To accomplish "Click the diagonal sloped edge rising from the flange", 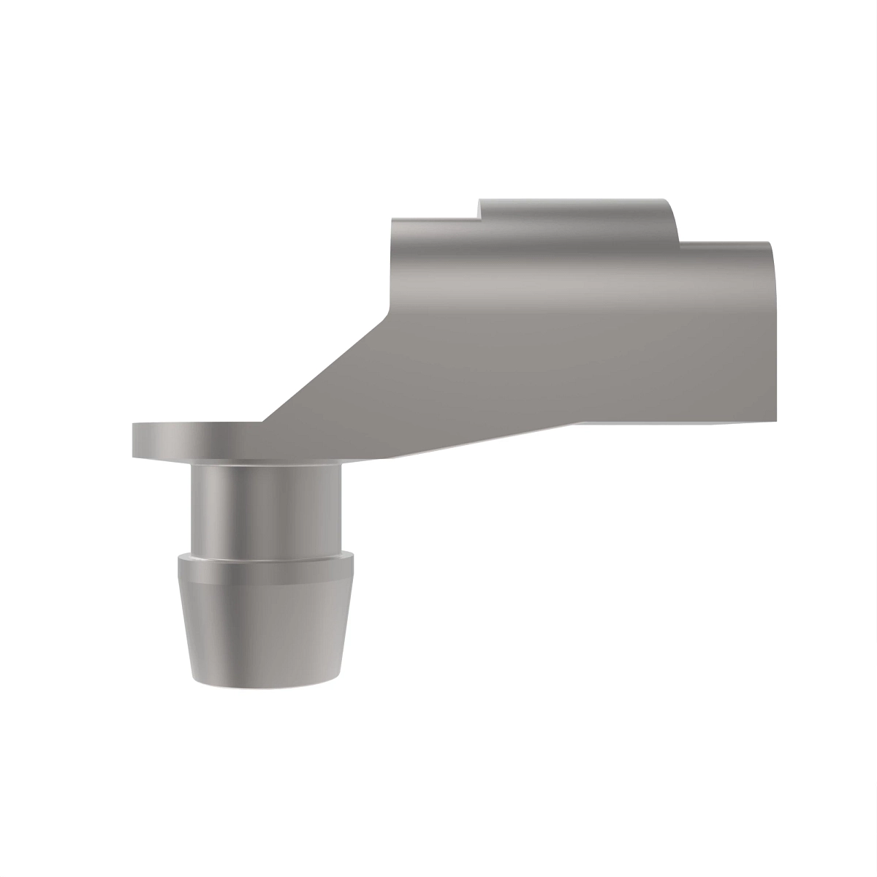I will click(x=325, y=369).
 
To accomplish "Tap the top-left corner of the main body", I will click(x=393, y=219).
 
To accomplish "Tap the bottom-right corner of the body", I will click(x=775, y=421).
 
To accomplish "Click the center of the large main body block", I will click(x=577, y=329).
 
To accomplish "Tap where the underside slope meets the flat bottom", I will click(x=581, y=422).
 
